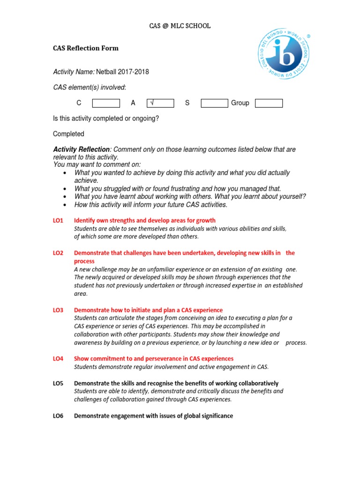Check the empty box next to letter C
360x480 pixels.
pos(106,103)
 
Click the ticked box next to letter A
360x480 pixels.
pos(160,103)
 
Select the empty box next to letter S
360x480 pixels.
pos(214,103)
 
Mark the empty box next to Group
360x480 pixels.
pos(269,103)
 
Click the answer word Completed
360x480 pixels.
pos(68,134)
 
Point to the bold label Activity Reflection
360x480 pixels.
pos(82,150)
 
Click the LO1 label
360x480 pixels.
pos(58,220)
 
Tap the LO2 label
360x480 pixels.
pos(58,253)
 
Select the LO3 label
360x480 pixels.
pos(58,310)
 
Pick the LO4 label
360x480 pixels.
pos(58,359)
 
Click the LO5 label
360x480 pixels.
pos(58,383)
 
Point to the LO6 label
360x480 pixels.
pos(58,416)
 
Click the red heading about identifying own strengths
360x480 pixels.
pos(145,220)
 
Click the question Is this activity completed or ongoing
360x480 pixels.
pos(106,119)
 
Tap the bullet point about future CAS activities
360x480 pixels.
pos(150,205)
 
